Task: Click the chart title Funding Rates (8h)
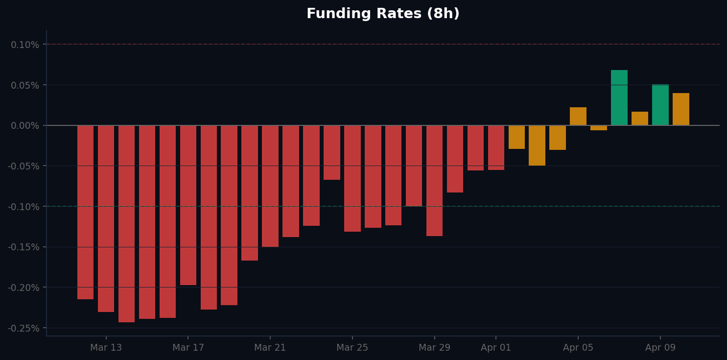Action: [x=383, y=14]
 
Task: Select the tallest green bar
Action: [x=619, y=98]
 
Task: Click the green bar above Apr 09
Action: [x=660, y=105]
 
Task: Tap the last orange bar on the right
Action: [x=680, y=109]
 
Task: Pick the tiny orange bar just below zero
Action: [x=598, y=128]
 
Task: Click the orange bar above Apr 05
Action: [x=578, y=117]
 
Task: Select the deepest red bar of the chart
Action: [x=126, y=223]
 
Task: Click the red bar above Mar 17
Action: [x=188, y=205]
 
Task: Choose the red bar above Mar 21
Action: [x=270, y=186]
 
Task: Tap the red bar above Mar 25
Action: [x=352, y=178]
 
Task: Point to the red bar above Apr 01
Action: [x=496, y=147]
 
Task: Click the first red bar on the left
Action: [x=85, y=212]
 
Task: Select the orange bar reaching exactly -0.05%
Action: [x=537, y=145]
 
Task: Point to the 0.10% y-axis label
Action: [x=25, y=45]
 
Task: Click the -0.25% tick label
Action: [x=23, y=328]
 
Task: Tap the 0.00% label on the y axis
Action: [x=25, y=126]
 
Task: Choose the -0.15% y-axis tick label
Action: [x=23, y=247]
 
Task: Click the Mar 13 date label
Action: [x=106, y=348]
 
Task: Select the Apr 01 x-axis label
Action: [x=496, y=348]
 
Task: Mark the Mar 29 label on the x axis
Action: [x=434, y=348]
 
